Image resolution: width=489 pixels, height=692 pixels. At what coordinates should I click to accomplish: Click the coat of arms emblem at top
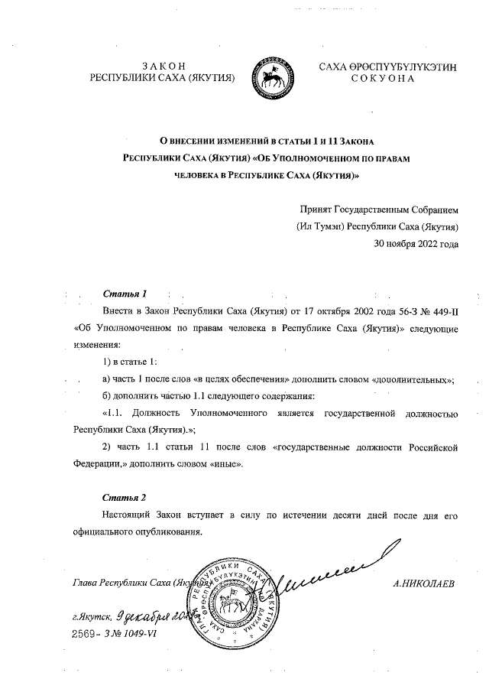point(270,72)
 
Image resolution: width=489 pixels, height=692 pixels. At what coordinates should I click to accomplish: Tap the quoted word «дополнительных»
point(413,379)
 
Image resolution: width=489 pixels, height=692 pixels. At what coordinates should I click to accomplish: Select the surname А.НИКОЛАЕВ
point(423,584)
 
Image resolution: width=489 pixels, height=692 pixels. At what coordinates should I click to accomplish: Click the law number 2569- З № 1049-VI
point(114,634)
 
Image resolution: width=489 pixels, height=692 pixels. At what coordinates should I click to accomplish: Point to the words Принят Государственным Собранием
point(378,210)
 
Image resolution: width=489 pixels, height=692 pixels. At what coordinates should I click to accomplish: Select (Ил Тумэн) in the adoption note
point(320,227)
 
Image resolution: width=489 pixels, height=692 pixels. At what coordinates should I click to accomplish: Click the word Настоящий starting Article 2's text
point(127,516)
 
